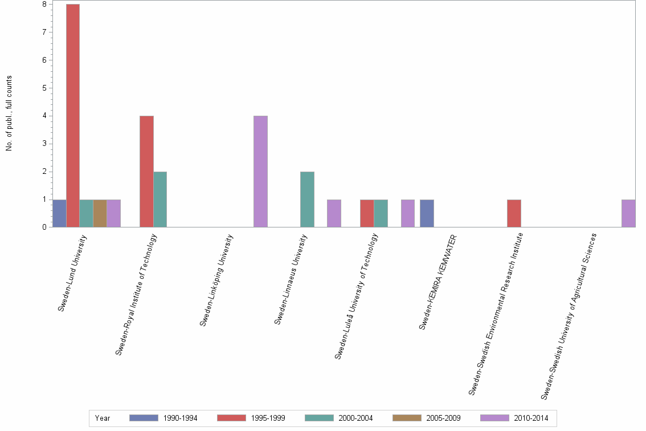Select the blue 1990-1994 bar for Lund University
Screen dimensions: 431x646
(x=59, y=213)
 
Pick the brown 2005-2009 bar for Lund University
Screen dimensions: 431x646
(x=100, y=213)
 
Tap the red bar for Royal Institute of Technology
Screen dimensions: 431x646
(x=146, y=172)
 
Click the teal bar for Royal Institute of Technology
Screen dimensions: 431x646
(x=160, y=200)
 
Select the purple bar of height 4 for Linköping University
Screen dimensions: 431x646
(x=260, y=172)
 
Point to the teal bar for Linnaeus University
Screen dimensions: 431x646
(x=307, y=200)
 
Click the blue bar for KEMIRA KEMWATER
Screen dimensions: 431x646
(x=427, y=213)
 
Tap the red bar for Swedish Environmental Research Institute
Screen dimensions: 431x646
(x=514, y=213)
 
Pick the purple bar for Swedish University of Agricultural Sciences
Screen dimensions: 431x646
(x=628, y=213)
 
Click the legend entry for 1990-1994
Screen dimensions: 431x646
(x=163, y=418)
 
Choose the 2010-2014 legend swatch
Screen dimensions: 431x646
(x=494, y=418)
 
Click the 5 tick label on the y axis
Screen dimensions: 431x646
(x=43, y=88)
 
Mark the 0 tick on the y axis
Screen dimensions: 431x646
(x=43, y=227)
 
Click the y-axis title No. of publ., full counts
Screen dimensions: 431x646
(x=9, y=113)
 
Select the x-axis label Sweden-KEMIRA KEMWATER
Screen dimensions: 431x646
(x=438, y=282)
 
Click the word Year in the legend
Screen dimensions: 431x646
(x=103, y=418)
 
